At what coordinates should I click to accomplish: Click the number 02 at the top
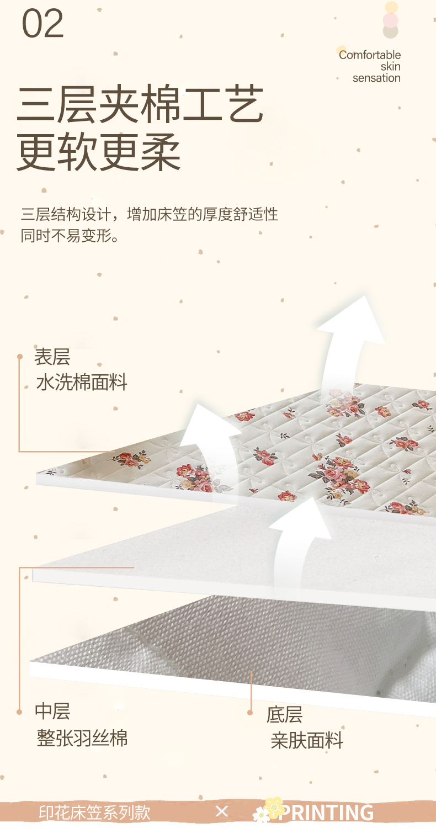(43, 24)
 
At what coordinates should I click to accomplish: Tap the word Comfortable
(369, 55)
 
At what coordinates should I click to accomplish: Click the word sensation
(376, 78)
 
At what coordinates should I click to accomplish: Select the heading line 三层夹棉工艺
(140, 105)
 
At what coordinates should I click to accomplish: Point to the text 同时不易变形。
(70, 236)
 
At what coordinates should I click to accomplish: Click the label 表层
(52, 357)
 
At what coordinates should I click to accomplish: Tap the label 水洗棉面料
(82, 382)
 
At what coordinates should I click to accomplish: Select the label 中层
(52, 711)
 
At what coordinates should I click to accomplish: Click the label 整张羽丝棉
(82, 738)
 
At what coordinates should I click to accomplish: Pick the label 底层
(284, 715)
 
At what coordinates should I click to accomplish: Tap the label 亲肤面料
(307, 740)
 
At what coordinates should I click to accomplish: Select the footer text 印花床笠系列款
(94, 812)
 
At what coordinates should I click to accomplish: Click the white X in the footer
(222, 811)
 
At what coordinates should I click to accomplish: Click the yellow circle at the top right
(391, 8)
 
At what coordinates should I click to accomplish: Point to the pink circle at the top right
(391, 20)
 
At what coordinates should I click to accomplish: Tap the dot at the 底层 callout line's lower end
(251, 713)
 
